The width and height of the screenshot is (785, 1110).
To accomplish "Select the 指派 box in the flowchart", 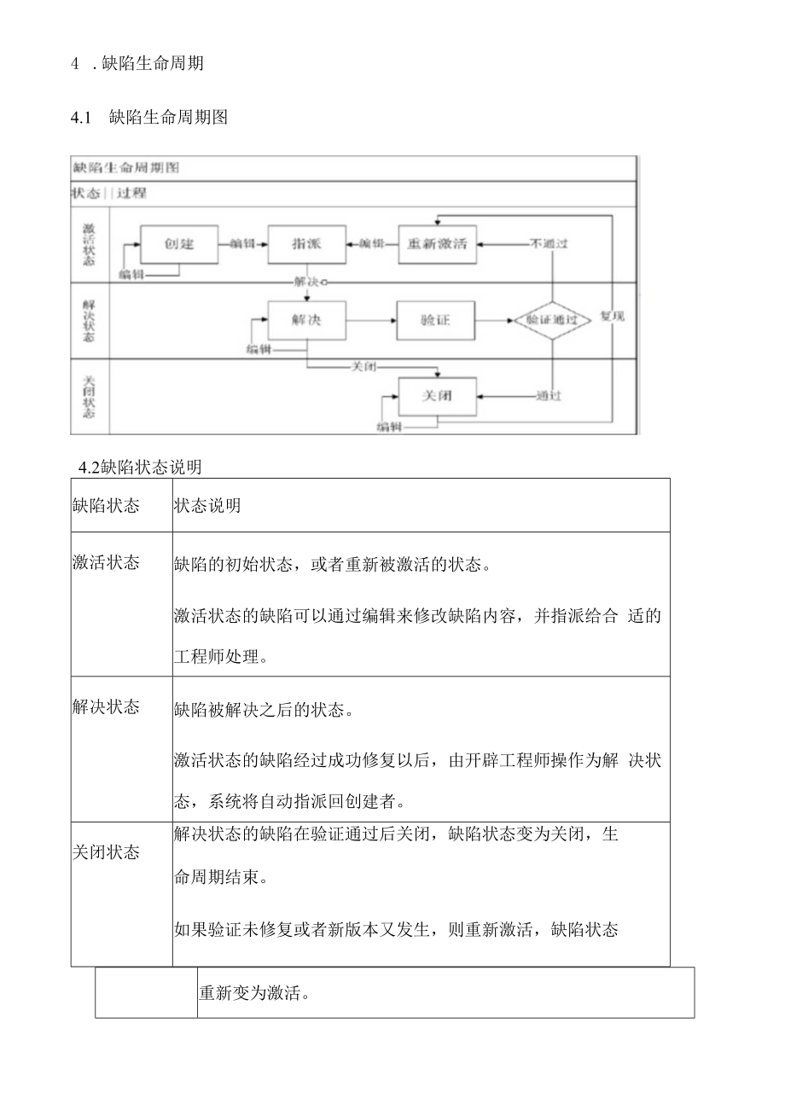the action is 306,244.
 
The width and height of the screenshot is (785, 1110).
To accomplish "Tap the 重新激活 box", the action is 437,244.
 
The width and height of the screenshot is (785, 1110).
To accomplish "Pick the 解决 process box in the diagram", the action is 306,320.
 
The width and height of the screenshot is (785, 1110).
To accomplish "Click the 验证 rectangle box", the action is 435,320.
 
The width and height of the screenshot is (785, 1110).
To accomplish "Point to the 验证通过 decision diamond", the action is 552,321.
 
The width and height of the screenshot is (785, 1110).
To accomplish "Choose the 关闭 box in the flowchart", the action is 437,396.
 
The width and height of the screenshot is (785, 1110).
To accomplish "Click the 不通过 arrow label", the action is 549,244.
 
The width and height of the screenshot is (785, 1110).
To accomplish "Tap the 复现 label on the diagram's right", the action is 612,317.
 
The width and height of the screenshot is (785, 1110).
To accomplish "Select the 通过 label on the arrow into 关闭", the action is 549,396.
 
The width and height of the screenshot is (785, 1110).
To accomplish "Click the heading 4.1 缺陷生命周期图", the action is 149,118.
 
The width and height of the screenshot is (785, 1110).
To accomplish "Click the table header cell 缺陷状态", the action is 106,505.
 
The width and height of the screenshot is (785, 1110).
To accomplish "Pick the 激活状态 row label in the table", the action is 106,563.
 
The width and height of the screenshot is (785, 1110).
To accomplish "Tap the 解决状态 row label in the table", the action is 106,707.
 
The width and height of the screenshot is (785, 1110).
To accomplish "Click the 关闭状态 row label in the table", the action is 106,852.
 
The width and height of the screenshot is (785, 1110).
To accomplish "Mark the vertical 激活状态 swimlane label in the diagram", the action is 90,244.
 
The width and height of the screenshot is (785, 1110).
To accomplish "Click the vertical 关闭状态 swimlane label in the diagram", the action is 90,396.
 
